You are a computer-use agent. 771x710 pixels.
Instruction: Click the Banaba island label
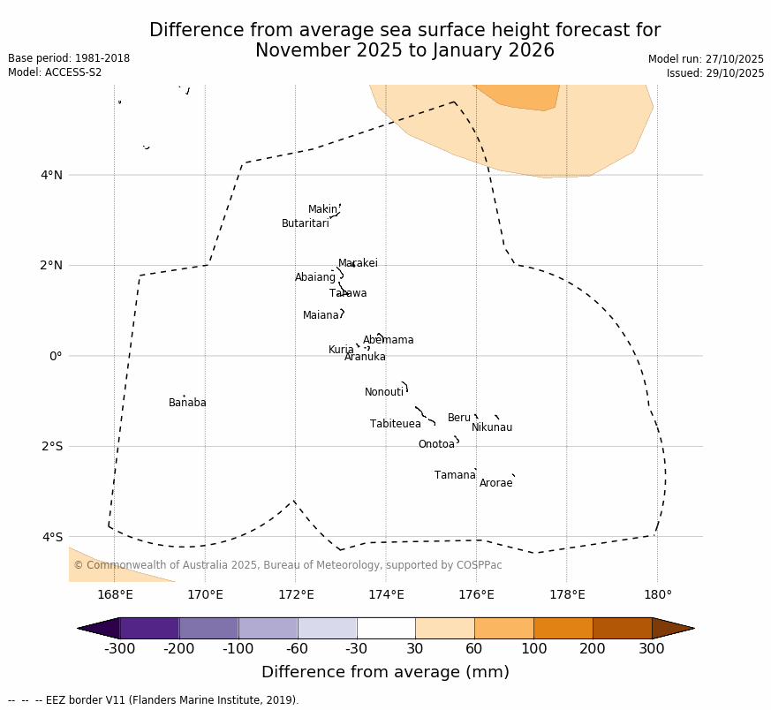pyautogui.click(x=187, y=403)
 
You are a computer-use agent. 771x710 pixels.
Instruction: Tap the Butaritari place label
pyautogui.click(x=305, y=223)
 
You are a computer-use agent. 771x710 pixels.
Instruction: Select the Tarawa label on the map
pyautogui.click(x=348, y=293)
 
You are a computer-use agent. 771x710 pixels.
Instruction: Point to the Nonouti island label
pyautogui.click(x=384, y=392)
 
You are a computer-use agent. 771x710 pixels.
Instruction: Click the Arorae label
pyautogui.click(x=495, y=483)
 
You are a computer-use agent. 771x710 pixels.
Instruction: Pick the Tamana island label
pyautogui.click(x=455, y=475)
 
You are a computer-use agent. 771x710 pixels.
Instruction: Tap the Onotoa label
pyautogui.click(x=436, y=444)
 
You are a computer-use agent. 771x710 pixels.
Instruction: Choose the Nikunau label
pyautogui.click(x=492, y=427)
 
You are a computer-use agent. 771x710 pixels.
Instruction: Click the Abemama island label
pyautogui.click(x=389, y=340)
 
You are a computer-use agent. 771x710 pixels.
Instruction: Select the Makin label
pyautogui.click(x=322, y=209)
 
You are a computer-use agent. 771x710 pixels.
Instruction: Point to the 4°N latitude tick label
pyautogui.click(x=51, y=175)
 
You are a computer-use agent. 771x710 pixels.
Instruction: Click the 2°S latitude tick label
pyautogui.click(x=51, y=446)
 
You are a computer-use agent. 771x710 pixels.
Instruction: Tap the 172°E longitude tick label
pyautogui.click(x=296, y=594)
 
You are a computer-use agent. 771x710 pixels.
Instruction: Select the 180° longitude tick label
pyautogui.click(x=657, y=594)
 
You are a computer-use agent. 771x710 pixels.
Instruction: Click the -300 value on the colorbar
pyautogui.click(x=119, y=650)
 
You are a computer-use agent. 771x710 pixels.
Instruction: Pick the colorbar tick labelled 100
pyautogui.click(x=533, y=650)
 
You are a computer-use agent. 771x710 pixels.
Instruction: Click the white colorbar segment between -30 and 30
pyautogui.click(x=386, y=628)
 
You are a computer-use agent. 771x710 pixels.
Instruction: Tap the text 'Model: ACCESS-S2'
pyautogui.click(x=55, y=72)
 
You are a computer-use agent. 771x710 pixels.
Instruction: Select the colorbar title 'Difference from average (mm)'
pyautogui.click(x=385, y=672)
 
